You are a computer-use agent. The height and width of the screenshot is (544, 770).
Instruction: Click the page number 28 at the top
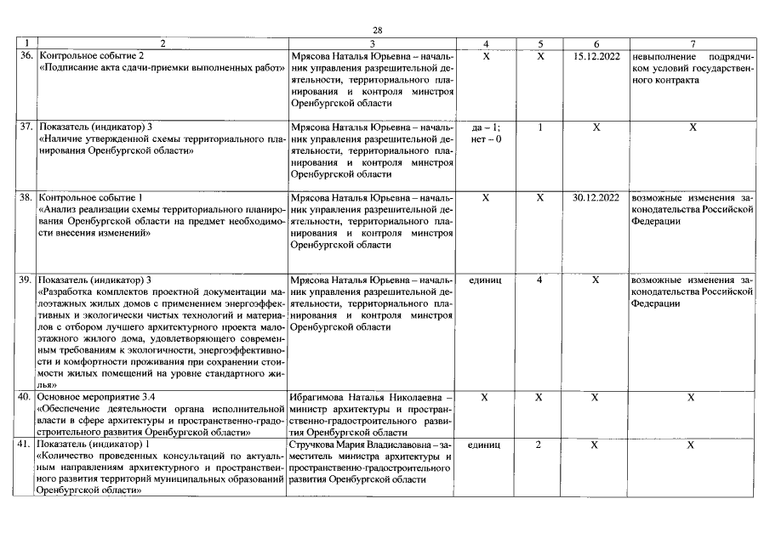coord(377,30)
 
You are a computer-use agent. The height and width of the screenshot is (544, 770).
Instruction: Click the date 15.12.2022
coord(596,56)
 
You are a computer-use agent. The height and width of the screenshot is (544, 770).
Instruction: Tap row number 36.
coord(26,56)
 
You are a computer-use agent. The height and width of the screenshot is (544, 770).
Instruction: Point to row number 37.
coord(26,127)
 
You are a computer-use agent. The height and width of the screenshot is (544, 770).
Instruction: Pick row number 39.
coord(26,280)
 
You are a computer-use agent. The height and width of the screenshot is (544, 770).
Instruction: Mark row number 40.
coord(26,397)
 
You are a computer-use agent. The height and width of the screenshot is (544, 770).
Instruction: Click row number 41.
coord(26,445)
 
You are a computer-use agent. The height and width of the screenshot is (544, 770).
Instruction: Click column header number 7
coord(693,42)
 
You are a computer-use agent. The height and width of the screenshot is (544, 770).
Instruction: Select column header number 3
coord(372,42)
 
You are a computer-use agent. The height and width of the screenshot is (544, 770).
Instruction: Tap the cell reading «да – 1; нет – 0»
coord(485,133)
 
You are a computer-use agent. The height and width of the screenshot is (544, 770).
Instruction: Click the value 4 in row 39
coord(540,280)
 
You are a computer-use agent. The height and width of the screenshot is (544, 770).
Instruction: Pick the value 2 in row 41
coord(539,445)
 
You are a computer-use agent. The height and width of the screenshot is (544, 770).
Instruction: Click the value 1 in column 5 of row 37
coord(540,127)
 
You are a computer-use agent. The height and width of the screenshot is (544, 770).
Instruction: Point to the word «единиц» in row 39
coord(485,280)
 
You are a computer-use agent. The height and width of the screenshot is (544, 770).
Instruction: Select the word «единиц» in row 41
coord(485,445)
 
